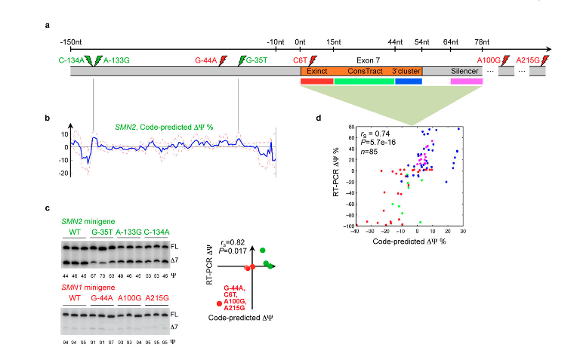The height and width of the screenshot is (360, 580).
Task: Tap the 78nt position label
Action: [481, 40]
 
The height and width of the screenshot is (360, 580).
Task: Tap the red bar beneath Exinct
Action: [316, 80]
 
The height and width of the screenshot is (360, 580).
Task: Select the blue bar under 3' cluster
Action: [408, 80]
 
